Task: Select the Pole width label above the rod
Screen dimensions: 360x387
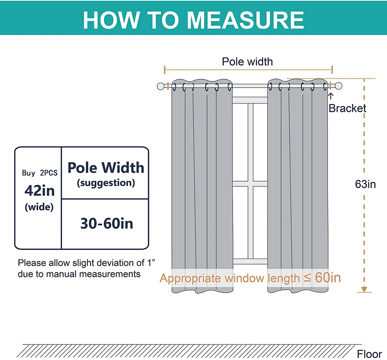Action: [247, 62]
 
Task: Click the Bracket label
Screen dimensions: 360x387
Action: [347, 108]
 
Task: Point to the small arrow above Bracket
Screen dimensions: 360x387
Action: [331, 95]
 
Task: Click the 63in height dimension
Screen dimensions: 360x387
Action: [365, 184]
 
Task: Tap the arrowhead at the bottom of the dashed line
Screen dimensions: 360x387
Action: [364, 289]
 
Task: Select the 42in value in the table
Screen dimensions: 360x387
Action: [39, 190]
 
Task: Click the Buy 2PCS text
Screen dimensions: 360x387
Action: [39, 173]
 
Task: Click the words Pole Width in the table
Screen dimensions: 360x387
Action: [106, 168]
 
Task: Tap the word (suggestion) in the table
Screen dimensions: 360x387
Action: [106, 183]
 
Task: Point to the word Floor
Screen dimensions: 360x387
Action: [369, 354]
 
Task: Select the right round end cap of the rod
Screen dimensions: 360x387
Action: [339, 86]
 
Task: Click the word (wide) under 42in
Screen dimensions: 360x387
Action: [39, 207]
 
